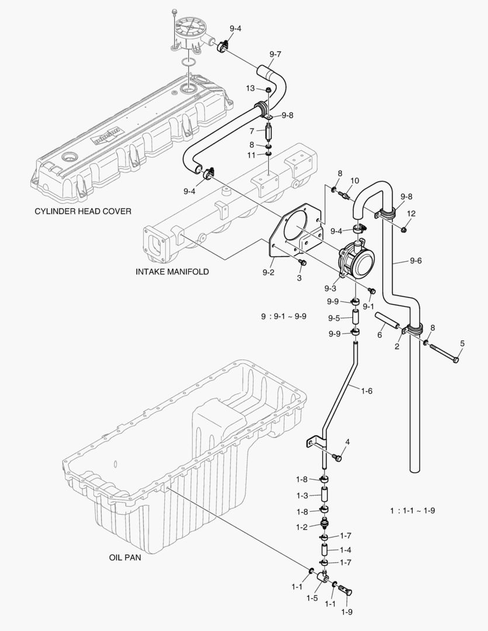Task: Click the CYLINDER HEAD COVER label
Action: tap(83, 211)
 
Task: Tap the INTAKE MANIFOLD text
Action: tap(172, 272)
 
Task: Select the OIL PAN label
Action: tap(124, 557)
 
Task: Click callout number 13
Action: tap(250, 88)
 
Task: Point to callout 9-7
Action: tap(275, 54)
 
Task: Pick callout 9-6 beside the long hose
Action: tap(416, 261)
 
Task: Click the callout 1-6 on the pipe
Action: tap(366, 391)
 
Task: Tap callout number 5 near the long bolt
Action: tap(462, 343)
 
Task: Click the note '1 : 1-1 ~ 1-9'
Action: tap(413, 510)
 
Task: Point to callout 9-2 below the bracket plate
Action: tap(269, 272)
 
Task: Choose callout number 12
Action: tap(411, 213)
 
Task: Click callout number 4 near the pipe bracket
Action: tap(347, 442)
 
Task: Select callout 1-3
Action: tap(302, 495)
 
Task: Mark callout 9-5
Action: tap(334, 318)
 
